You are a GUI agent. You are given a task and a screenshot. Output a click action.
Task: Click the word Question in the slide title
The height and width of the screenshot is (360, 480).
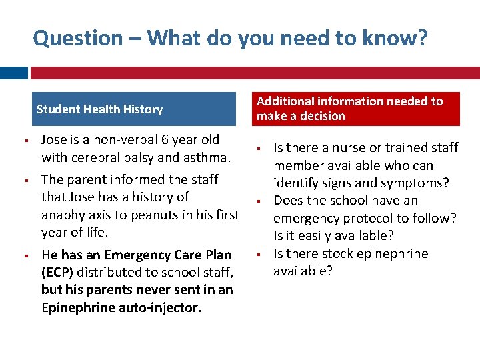[78, 39]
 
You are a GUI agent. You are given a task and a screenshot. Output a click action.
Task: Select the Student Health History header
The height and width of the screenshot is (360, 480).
[99, 109]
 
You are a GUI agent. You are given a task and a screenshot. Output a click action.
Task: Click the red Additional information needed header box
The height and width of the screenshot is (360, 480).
[358, 109]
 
